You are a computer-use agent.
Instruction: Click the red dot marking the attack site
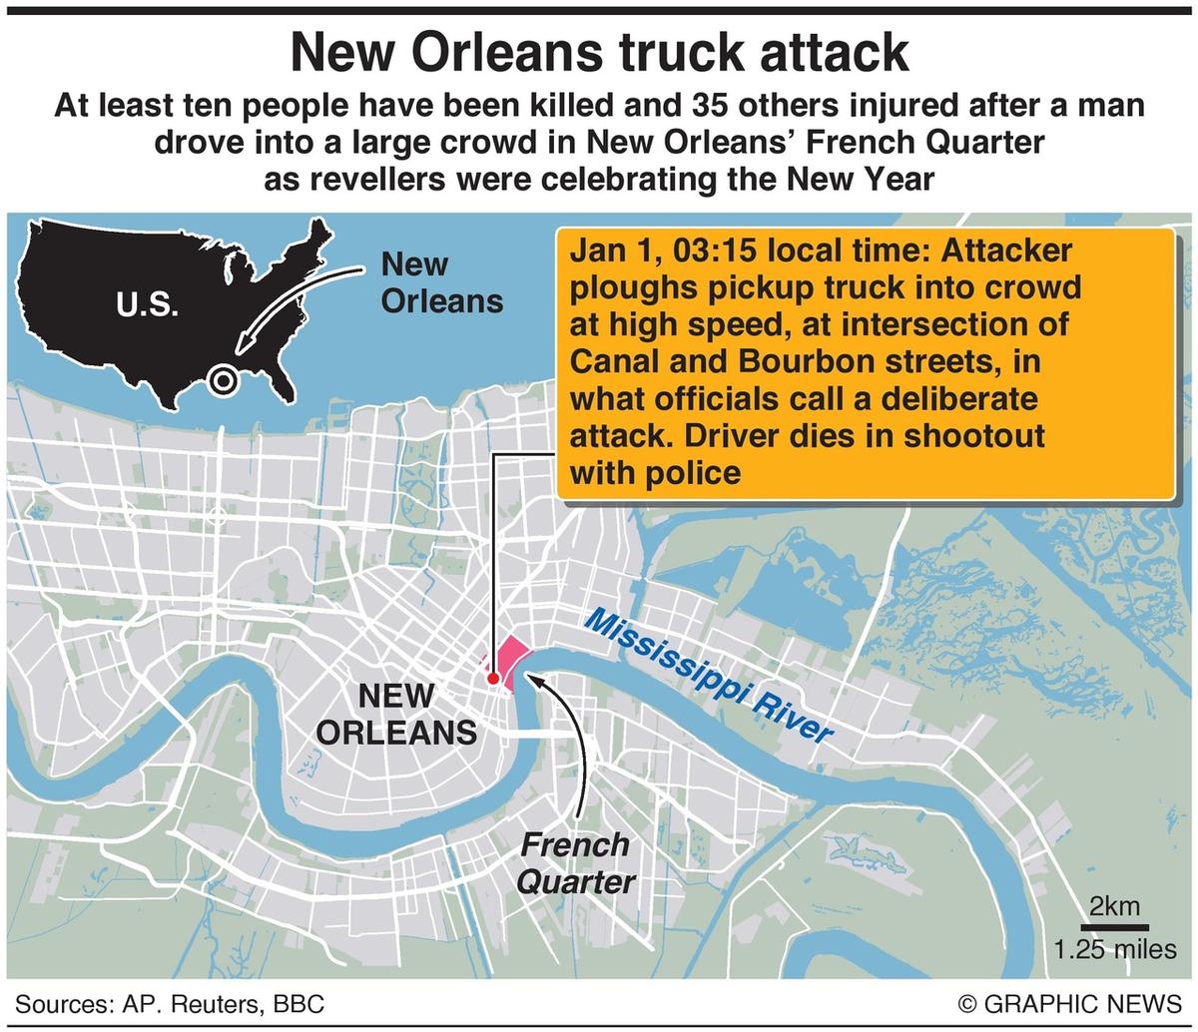pyautogui.click(x=493, y=679)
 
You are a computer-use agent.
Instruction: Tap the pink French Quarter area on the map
pyautogui.click(x=512, y=659)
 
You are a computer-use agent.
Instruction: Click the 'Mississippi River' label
pyautogui.click(x=708, y=676)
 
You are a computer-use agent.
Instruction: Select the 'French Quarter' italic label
pyautogui.click(x=576, y=863)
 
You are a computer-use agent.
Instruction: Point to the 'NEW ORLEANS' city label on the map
pyautogui.click(x=396, y=714)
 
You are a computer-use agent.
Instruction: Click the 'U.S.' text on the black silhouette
pyautogui.click(x=147, y=305)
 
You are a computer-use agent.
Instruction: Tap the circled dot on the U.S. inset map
pyautogui.click(x=224, y=379)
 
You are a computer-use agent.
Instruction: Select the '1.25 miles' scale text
pyautogui.click(x=1114, y=949)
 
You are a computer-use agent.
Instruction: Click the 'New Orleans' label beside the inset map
pyautogui.click(x=440, y=282)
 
